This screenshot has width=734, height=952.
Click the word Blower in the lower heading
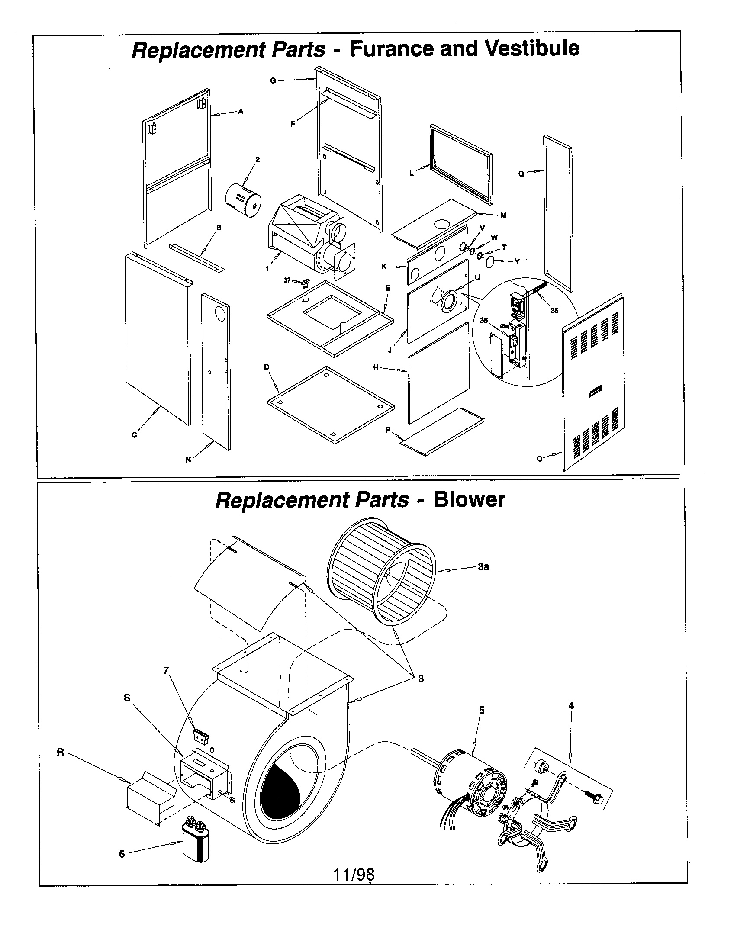(x=469, y=499)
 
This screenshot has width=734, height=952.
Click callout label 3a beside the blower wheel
(x=483, y=567)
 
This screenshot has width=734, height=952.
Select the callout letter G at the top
(x=273, y=80)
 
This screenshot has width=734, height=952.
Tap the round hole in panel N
(x=221, y=314)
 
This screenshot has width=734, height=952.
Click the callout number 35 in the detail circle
(x=554, y=310)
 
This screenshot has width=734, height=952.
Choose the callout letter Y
(x=517, y=261)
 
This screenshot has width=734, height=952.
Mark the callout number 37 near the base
(x=287, y=280)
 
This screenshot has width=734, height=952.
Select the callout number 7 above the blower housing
(x=166, y=671)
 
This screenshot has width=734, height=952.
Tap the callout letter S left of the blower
(x=127, y=698)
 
